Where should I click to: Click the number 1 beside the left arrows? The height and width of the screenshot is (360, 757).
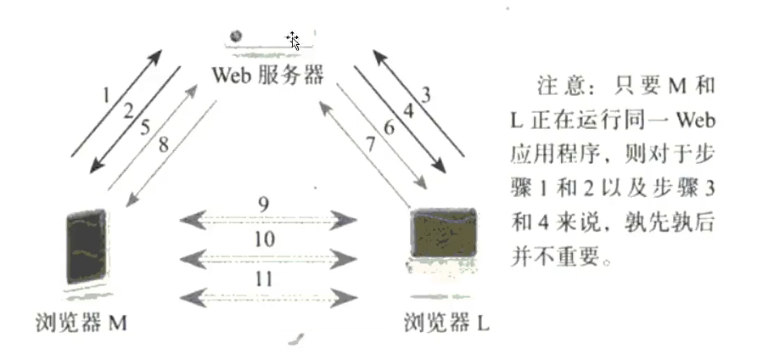pyautogui.click(x=107, y=93)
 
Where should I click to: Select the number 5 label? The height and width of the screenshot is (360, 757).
pyautogui.click(x=146, y=127)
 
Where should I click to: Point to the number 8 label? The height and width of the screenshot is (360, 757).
pyautogui.click(x=164, y=143)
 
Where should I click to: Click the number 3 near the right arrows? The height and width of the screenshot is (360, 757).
pyautogui.click(x=424, y=93)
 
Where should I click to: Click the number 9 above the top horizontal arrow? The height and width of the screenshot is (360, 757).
pyautogui.click(x=264, y=205)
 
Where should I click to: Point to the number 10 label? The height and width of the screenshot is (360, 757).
pyautogui.click(x=264, y=239)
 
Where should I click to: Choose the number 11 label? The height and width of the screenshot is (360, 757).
pyautogui.click(x=264, y=278)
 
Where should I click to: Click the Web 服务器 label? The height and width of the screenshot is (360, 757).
pyautogui.click(x=267, y=74)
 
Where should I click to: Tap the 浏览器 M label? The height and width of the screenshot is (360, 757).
pyautogui.click(x=85, y=323)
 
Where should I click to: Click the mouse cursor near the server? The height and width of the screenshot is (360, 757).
pyautogui.click(x=293, y=40)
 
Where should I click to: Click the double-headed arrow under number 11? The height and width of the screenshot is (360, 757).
pyautogui.click(x=267, y=295)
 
